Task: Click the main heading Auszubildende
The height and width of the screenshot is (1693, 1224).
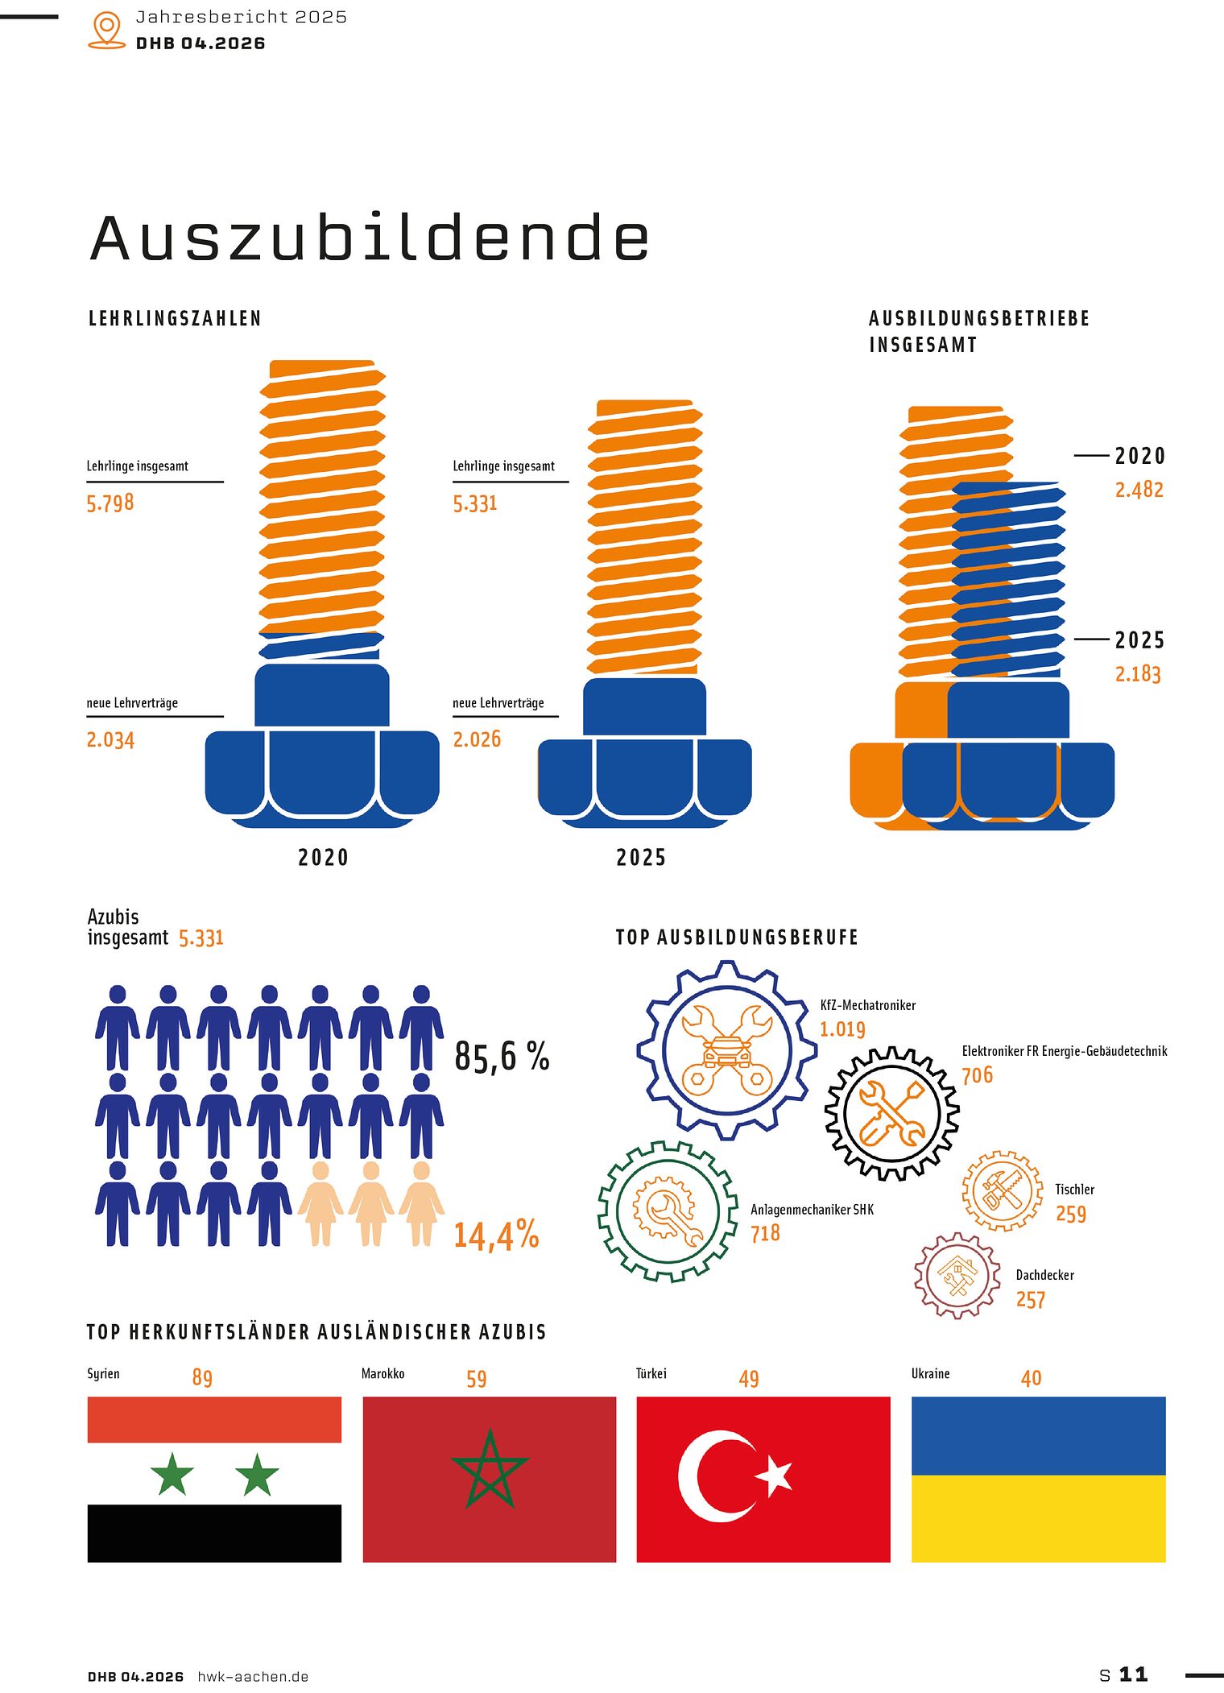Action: pyautogui.click(x=370, y=238)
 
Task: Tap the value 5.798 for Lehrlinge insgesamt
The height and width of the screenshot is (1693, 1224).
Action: pyautogui.click(x=110, y=503)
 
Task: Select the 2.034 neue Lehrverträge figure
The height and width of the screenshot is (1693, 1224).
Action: pyautogui.click(x=110, y=739)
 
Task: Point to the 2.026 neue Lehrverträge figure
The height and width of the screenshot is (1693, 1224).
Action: pyautogui.click(x=477, y=739)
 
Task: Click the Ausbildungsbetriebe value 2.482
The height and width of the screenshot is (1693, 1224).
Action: pyautogui.click(x=1139, y=490)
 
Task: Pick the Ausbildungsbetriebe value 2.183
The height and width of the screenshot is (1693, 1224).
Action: pyautogui.click(x=1138, y=673)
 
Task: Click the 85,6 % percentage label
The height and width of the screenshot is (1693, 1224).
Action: pyautogui.click(x=502, y=1056)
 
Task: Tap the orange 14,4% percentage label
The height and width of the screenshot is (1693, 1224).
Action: pyautogui.click(x=496, y=1235)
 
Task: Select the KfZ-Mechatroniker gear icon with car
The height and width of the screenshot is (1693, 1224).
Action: pyautogui.click(x=726, y=1049)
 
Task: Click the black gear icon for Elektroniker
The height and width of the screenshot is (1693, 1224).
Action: pyautogui.click(x=892, y=1114)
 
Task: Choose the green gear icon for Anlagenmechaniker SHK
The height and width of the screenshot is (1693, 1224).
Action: pyautogui.click(x=668, y=1211)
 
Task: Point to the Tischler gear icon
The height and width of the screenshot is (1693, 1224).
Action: pyautogui.click(x=1002, y=1190)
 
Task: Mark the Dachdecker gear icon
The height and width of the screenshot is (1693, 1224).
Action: pyautogui.click(x=957, y=1275)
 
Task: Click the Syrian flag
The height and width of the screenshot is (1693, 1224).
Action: pyautogui.click(x=214, y=1480)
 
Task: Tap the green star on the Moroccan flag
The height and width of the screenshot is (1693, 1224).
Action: pyautogui.click(x=490, y=1468)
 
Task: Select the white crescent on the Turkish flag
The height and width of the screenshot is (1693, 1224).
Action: pyautogui.click(x=709, y=1476)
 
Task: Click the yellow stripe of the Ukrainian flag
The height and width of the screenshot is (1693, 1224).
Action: pyautogui.click(x=1038, y=1518)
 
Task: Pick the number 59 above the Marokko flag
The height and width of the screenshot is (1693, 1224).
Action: pyautogui.click(x=477, y=1379)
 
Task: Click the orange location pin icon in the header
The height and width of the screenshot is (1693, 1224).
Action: pyautogui.click(x=106, y=30)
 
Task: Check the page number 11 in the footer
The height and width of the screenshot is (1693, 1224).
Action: pyautogui.click(x=1133, y=1675)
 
